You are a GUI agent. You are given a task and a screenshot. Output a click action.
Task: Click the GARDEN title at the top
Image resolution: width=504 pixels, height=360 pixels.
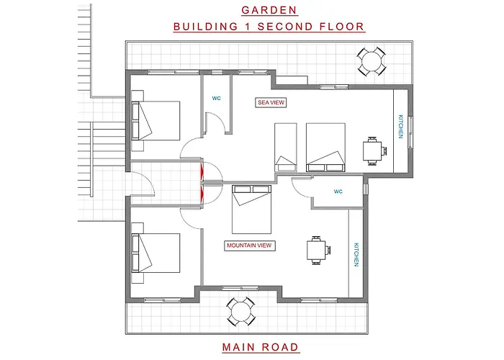[269, 10]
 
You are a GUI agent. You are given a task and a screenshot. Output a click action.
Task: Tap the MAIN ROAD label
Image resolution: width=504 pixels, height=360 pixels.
[261, 347]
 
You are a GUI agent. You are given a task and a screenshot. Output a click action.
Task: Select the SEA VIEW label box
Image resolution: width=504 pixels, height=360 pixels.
[271, 102]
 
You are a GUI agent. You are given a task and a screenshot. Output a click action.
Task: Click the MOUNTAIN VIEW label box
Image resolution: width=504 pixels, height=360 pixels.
[249, 246]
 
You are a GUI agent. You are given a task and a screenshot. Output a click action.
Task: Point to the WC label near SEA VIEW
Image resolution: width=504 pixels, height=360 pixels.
[216, 99]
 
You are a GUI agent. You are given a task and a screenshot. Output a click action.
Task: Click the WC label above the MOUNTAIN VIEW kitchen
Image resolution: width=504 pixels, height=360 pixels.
[338, 192]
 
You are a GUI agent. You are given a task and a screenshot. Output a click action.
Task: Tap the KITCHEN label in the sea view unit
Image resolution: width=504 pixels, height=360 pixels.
[400, 127]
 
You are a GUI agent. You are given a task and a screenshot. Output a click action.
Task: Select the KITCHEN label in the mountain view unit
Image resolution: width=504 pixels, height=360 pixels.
[356, 255]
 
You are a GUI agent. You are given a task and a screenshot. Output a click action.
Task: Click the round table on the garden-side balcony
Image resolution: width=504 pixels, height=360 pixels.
[372, 61]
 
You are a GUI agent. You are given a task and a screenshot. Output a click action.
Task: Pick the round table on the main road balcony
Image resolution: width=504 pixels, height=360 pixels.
[240, 312]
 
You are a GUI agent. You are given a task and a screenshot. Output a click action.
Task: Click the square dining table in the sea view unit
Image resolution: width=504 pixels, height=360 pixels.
[373, 150]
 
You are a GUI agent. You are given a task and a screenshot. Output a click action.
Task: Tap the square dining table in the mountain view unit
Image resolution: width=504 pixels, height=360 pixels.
[317, 250]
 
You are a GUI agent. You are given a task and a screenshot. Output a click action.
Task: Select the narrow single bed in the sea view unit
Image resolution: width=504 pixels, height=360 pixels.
[285, 147]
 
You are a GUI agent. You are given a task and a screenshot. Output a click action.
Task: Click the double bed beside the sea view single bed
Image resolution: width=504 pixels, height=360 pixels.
[325, 147]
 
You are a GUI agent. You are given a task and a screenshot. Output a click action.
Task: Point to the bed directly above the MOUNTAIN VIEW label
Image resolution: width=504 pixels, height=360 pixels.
[252, 210]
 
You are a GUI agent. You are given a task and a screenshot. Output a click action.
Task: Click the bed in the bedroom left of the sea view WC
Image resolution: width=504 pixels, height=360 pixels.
[156, 121]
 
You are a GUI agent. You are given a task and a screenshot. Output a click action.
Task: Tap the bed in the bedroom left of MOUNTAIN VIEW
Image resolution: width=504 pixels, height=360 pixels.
[156, 253]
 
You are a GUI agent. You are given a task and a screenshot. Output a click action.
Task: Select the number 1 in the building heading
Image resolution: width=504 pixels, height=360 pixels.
[247, 27]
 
